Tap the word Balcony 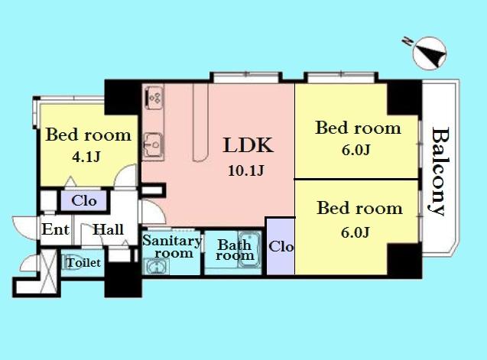(x=438, y=172)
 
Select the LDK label (x=248, y=146)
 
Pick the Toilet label (x=83, y=263)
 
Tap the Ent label (x=56, y=229)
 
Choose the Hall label (x=108, y=229)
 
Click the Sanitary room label (x=172, y=246)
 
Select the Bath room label (x=235, y=251)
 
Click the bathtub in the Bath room (x=250, y=248)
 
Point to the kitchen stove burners (x=152, y=96)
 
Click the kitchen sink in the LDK (x=151, y=141)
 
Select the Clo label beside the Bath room (x=281, y=247)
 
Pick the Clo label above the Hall (x=83, y=202)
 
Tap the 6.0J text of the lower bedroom (x=356, y=232)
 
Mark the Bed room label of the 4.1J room (x=88, y=136)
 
